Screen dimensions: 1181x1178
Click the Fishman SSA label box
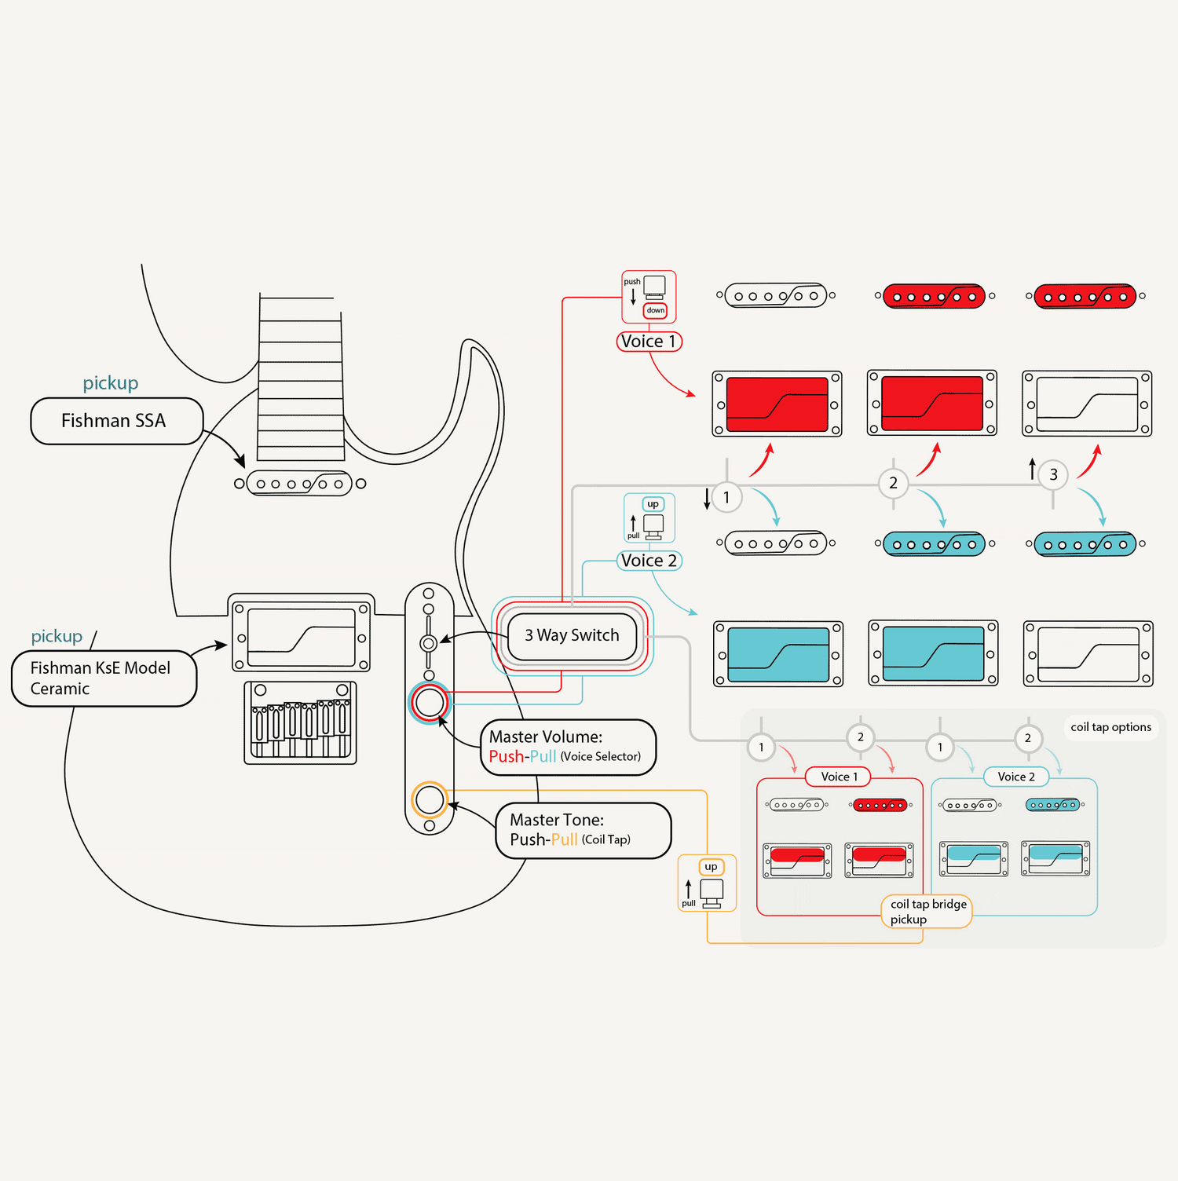point(116,422)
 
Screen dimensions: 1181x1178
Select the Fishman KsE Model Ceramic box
point(103,678)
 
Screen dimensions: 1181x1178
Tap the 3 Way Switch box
point(572,635)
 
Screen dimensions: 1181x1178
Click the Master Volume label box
point(567,747)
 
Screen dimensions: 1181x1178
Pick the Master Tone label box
point(583,830)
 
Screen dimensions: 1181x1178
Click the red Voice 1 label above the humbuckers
point(649,342)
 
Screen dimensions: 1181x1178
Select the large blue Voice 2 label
point(649,561)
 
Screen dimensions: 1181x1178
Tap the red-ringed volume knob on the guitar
point(430,703)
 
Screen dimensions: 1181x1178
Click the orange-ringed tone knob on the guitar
point(430,800)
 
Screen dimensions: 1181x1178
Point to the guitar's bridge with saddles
point(301,722)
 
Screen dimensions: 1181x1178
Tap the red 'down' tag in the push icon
point(656,310)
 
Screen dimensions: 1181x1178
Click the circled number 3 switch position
point(1053,474)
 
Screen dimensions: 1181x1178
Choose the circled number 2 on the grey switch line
point(893,483)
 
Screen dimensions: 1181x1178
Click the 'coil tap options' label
point(1110,727)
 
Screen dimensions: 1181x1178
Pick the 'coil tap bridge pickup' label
point(927,912)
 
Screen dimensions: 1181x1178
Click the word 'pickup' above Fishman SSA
point(111,383)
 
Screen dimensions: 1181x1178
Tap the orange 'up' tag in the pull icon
point(711,867)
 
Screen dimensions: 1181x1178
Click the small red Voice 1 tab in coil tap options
point(839,777)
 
